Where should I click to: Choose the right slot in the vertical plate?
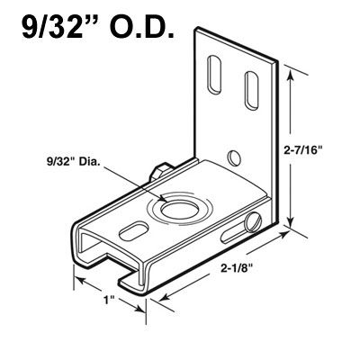(247, 85)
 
